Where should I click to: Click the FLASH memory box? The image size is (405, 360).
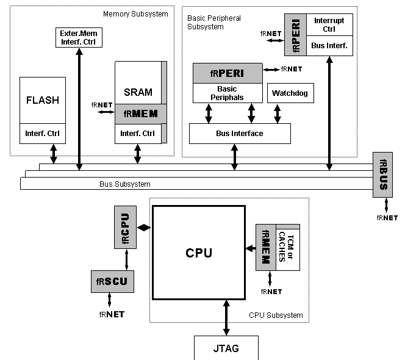42,101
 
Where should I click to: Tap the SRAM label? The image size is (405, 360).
138,92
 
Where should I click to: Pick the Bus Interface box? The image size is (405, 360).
240,133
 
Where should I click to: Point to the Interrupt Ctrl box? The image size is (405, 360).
329,24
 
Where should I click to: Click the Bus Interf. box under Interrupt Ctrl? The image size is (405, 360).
329,45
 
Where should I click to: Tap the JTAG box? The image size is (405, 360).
226,348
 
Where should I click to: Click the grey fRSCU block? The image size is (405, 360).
112,281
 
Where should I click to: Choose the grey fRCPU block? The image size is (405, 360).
126,227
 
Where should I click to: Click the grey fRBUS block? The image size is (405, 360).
383,175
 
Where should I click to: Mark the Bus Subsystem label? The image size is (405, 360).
124,184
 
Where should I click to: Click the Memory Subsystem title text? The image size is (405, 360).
135,13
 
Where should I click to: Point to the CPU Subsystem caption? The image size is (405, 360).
276,315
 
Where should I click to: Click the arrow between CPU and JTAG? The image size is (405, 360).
226,317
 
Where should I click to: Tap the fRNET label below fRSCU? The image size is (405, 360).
112,314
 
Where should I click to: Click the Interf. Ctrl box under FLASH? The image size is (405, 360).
42,133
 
